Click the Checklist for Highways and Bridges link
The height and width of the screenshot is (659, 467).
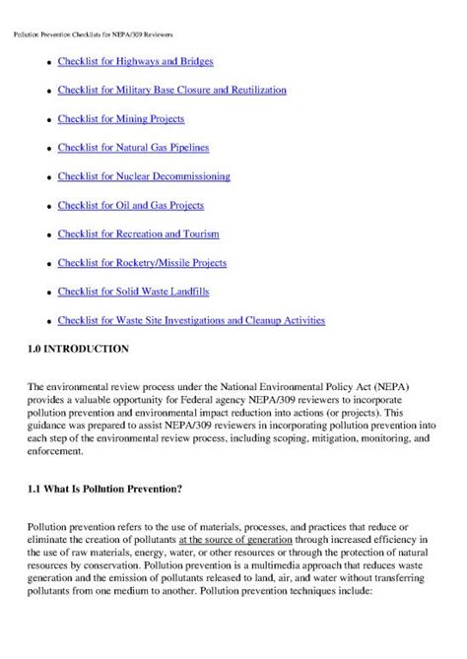(135, 61)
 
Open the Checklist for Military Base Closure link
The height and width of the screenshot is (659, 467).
(171, 90)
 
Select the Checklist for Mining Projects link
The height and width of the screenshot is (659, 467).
(120, 119)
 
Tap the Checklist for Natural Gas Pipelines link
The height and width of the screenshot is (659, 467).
(133, 148)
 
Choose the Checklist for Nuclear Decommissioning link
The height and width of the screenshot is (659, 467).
(144, 176)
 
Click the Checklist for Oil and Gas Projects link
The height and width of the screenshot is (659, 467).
(130, 205)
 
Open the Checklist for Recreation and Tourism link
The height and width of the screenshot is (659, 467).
(138, 233)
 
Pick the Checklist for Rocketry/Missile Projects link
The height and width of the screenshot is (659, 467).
(142, 263)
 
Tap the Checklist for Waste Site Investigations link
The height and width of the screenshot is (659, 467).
(191, 320)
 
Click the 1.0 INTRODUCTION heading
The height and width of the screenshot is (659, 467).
(78, 349)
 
